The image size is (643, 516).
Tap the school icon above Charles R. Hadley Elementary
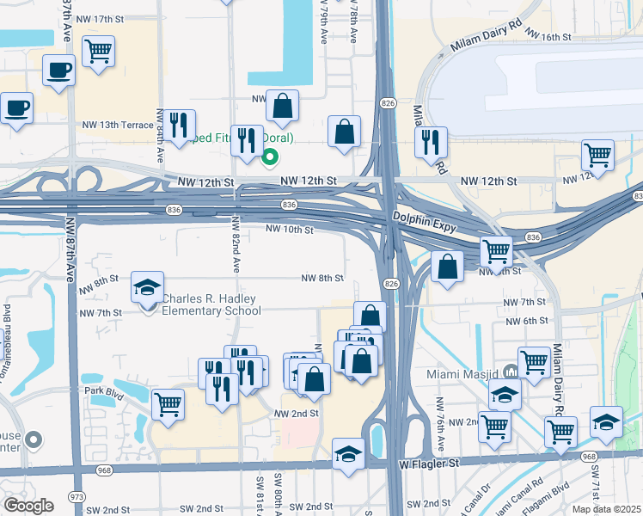pyautogui.click(x=148, y=287)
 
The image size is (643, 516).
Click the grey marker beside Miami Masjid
pyautogui.click(x=511, y=372)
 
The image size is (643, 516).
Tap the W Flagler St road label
pyautogui.click(x=431, y=464)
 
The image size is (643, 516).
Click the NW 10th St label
pyautogui.click(x=290, y=230)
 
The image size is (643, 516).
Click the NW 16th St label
pyautogui.click(x=548, y=37)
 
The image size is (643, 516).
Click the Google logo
pyautogui.click(x=29, y=505)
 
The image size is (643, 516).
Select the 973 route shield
pyautogui.click(x=77, y=497)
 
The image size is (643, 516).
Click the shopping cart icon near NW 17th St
pyautogui.click(x=99, y=50)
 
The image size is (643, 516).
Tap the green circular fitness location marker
pyautogui.click(x=270, y=157)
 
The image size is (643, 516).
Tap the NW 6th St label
pyautogui.click(x=525, y=321)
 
